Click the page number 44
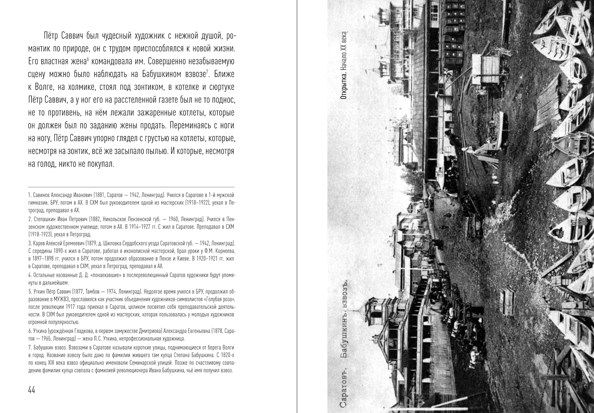[32, 390]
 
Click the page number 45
[562, 390]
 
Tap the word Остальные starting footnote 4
[44, 275]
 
